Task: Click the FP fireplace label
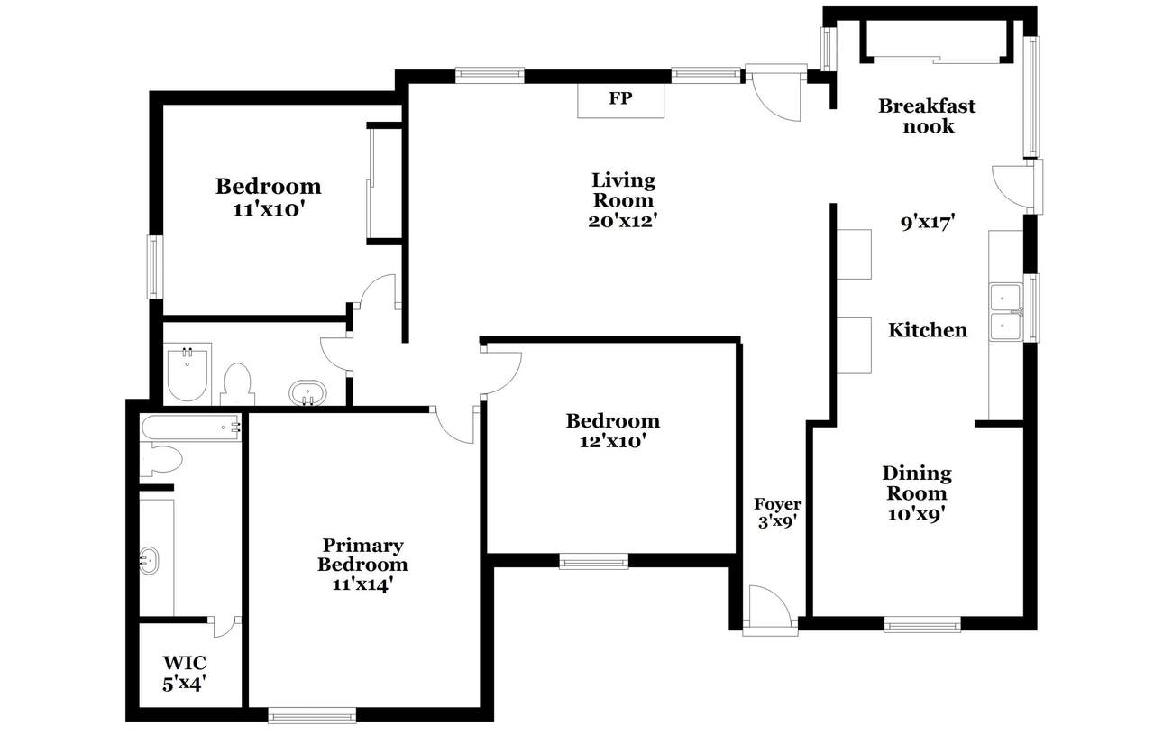tap(620, 98)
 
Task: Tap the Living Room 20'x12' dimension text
tap(623, 221)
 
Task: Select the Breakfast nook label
tap(927, 116)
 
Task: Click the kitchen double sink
tap(1005, 312)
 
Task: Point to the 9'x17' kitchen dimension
tap(928, 223)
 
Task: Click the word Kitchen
tap(928, 330)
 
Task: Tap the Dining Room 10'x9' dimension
tap(917, 514)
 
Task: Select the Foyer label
tap(777, 503)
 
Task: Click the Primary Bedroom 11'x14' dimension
tap(362, 585)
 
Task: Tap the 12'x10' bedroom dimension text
tap(612, 442)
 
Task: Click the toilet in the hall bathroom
tap(237, 384)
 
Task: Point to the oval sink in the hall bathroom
tap(307, 393)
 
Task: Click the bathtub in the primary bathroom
tap(190, 428)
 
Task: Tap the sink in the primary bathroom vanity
tap(150, 561)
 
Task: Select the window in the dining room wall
tap(922, 624)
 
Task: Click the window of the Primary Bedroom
tap(312, 715)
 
